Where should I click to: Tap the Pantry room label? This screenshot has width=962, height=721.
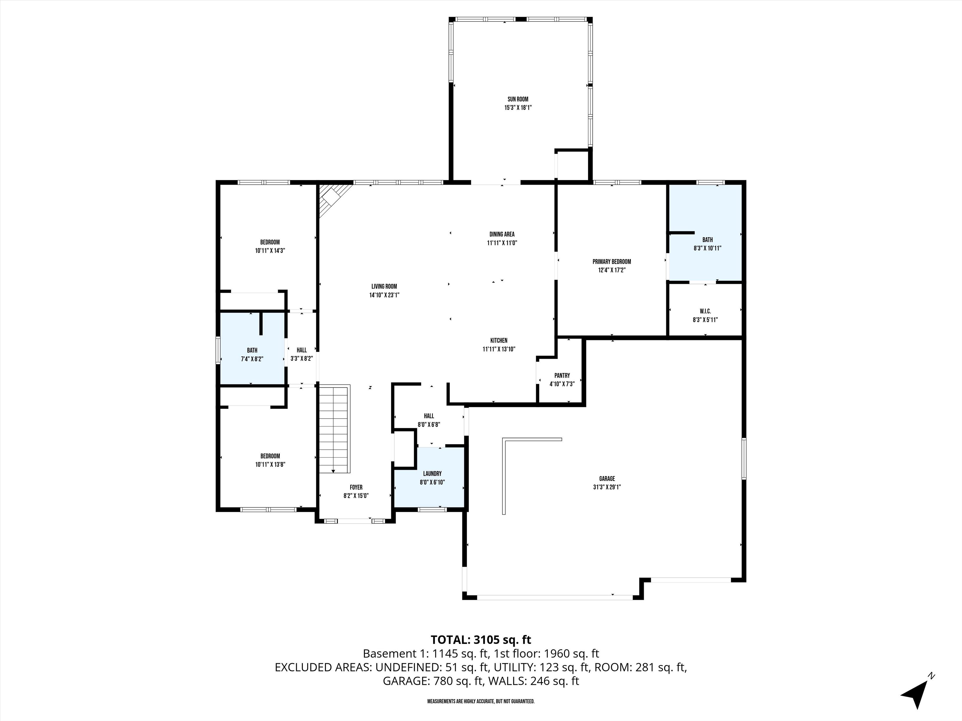click(562, 376)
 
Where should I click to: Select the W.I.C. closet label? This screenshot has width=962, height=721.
click(705, 311)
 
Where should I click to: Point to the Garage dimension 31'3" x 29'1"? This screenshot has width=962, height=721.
click(607, 487)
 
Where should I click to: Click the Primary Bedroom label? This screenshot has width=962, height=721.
click(612, 262)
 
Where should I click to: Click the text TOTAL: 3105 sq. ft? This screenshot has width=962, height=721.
click(481, 640)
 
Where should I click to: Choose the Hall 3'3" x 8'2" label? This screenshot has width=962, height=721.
click(302, 350)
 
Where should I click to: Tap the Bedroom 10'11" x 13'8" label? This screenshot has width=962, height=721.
click(270, 456)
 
